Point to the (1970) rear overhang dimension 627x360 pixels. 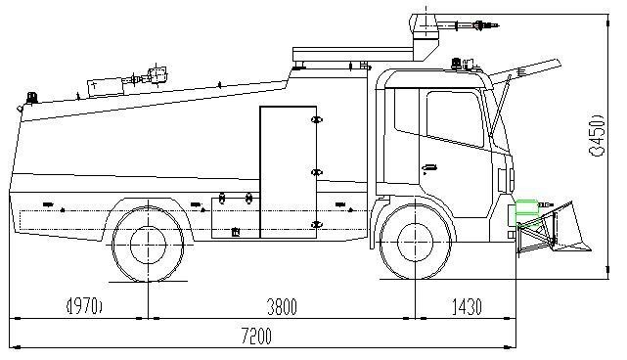(x=85, y=307)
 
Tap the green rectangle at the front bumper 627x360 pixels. (x=526, y=208)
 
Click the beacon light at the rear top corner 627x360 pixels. (x=31, y=98)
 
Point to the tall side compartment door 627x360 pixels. (x=288, y=171)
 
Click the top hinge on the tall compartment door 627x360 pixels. (x=315, y=119)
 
